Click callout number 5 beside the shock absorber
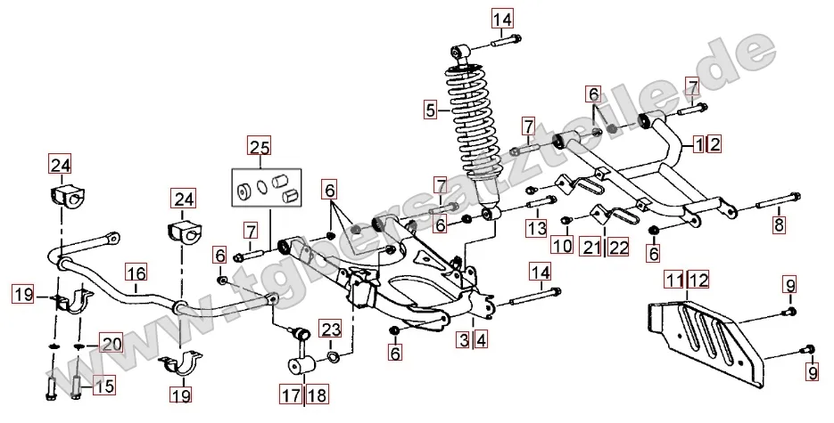(431, 110)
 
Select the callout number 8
(779, 224)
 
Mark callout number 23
(331, 330)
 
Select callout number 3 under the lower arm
(464, 339)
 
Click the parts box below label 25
(266, 186)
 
